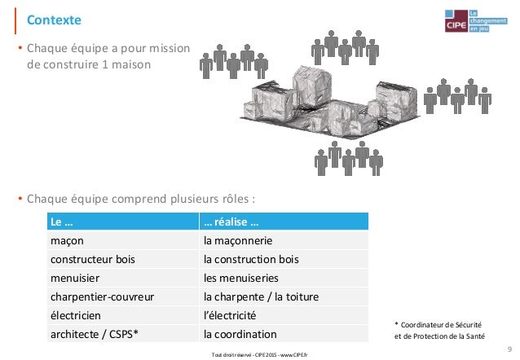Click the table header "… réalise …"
coord(231,223)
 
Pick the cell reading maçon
coord(67,242)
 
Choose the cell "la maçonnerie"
coord(238,242)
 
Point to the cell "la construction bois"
coord(251,260)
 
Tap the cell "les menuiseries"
coord(242,279)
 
